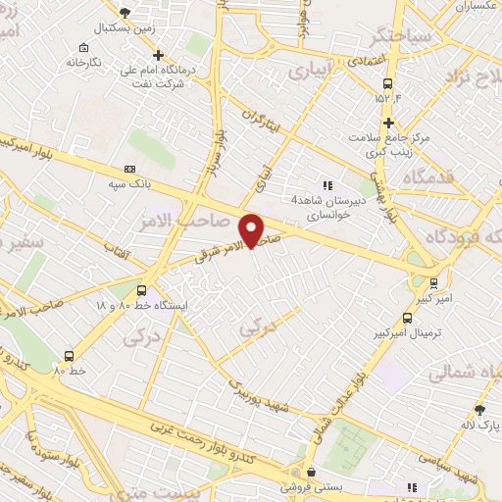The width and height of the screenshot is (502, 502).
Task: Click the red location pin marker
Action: click(252, 229)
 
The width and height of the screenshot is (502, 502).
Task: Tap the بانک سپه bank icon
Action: click(130, 169)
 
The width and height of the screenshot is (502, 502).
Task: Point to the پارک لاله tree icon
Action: click(479, 409)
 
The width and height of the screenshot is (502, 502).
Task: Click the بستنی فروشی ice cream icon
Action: click(312, 472)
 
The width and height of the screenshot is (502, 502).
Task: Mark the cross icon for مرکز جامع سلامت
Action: click(389, 124)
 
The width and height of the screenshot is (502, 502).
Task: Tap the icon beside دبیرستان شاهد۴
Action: click(327, 183)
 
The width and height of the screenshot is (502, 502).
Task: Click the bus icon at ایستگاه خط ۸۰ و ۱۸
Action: click(142, 290)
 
